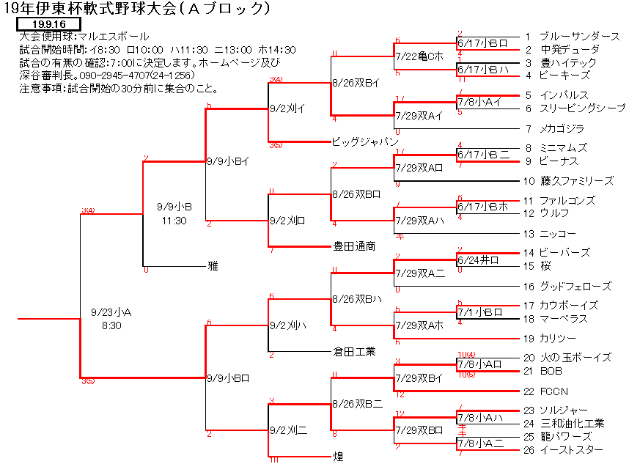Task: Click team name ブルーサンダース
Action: pyautogui.click(x=579, y=36)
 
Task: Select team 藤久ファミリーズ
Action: pyautogui.click(x=576, y=181)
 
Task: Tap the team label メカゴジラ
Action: pyautogui.click(x=562, y=129)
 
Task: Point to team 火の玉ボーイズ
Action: pyautogui.click(x=575, y=358)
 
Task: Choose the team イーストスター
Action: pyautogui.click(x=571, y=449)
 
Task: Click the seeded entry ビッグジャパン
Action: pyautogui.click(x=364, y=141)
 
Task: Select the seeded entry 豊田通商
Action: pyautogui.click(x=353, y=247)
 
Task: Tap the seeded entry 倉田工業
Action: pyautogui.click(x=353, y=352)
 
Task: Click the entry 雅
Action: pyautogui.click(x=213, y=267)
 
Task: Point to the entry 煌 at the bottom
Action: pyautogui.click(x=338, y=456)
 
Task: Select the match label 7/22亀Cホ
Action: pyautogui.click(x=419, y=56)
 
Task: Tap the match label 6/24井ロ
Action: pyautogui.click(x=478, y=259)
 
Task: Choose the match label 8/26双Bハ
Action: pyautogui.click(x=356, y=299)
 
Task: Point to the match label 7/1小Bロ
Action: pyautogui.click(x=479, y=312)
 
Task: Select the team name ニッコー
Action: pyautogui.click(x=557, y=234)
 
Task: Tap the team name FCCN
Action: pyautogui.click(x=555, y=391)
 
